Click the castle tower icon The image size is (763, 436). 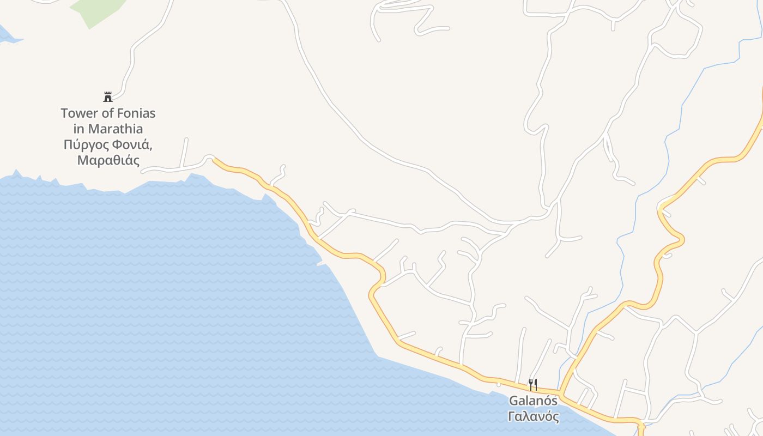[x=108, y=97]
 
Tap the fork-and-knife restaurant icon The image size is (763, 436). [x=533, y=385]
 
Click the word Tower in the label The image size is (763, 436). [x=78, y=113]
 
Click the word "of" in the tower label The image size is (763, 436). [x=106, y=113]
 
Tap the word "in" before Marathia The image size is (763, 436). [x=79, y=129]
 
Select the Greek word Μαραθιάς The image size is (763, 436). [x=108, y=161]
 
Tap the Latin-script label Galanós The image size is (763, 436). [x=533, y=401]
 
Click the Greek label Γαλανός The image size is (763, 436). [x=533, y=417]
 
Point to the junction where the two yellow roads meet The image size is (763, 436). [x=561, y=393]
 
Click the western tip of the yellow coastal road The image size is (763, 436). [x=214, y=160]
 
